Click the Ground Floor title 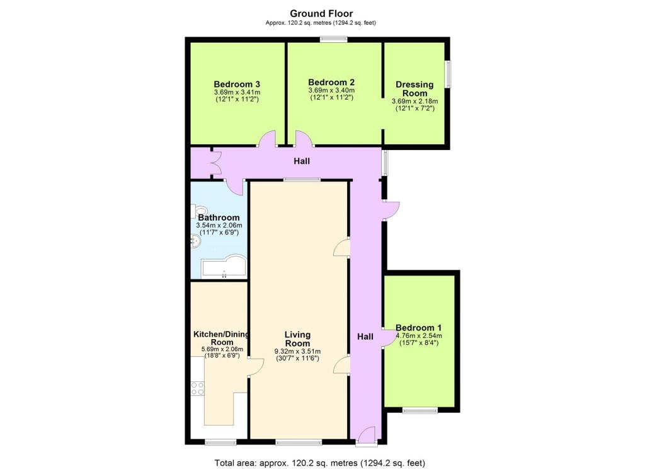tap(321, 14)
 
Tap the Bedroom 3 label tap(237, 84)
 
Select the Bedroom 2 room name tap(331, 82)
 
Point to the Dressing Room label tap(414, 88)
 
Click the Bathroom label tap(219, 217)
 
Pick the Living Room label tap(297, 339)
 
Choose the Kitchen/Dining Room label tap(222, 338)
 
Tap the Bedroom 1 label tap(418, 328)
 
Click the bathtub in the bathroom tap(224, 267)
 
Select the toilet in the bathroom tap(197, 211)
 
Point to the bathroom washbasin tap(195, 242)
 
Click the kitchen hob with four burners tap(197, 388)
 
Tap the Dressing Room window tap(448, 74)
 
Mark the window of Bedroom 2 tap(334, 40)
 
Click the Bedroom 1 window tap(420, 410)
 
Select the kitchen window tap(221, 443)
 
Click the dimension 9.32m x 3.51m tap(297, 352)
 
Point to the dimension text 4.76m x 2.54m tap(419, 335)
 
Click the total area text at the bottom tap(319, 463)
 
